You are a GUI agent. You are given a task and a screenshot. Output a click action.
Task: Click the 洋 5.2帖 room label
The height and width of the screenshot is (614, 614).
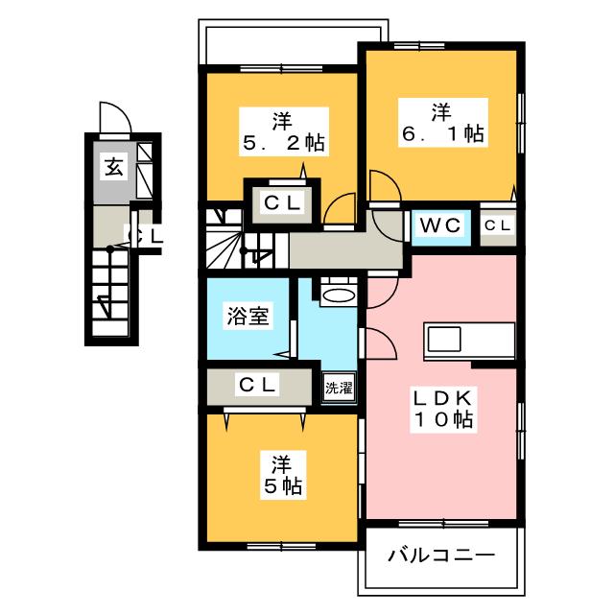pyautogui.click(x=282, y=132)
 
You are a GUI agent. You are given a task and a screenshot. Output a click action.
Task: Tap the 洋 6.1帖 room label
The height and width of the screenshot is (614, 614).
pyautogui.click(x=441, y=124)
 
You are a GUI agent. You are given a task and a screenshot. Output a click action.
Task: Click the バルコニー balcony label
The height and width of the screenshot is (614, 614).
pyautogui.click(x=441, y=555)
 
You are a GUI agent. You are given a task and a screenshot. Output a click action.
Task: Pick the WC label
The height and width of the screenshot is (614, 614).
pyautogui.click(x=441, y=225)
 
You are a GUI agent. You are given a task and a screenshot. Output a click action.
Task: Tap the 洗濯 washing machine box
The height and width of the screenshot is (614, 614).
pyautogui.click(x=338, y=389)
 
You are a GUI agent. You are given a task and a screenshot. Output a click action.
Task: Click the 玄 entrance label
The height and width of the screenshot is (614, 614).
pyautogui.click(x=113, y=169)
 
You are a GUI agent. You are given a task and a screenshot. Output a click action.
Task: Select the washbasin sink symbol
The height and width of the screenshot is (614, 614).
pyautogui.click(x=338, y=294)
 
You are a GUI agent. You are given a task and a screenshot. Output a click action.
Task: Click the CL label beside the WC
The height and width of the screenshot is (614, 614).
pyautogui.click(x=497, y=225)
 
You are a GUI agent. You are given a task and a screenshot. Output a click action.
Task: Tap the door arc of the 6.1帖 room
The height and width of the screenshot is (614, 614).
pyautogui.click(x=381, y=187)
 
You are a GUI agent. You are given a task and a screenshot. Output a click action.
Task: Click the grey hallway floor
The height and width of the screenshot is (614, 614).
pyautogui.click(x=345, y=251)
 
